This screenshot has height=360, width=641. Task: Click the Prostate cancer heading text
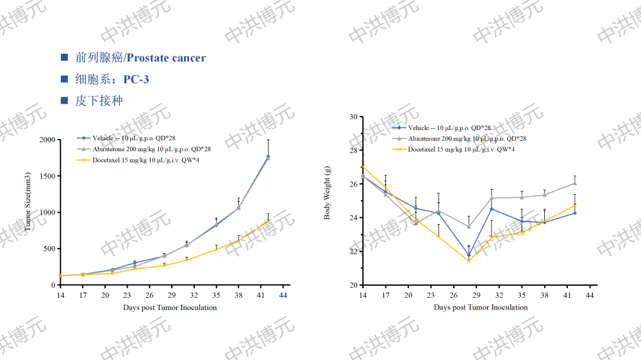pos(165,58)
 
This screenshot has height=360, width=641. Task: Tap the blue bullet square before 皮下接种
pos(64,101)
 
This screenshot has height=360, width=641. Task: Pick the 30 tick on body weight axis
pos(353,117)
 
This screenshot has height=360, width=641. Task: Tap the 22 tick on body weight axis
pos(353,251)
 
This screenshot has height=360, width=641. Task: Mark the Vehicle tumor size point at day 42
pos(268,156)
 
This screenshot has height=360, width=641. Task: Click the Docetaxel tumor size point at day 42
pos(268,221)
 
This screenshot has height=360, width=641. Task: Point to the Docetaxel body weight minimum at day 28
pos(469,260)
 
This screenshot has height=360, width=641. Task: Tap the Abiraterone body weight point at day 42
pos(574,183)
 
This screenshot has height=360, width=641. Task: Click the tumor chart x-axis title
pos(170,307)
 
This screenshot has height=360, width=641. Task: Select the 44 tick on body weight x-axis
pos(589,295)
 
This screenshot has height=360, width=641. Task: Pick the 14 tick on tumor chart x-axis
pos(60,295)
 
